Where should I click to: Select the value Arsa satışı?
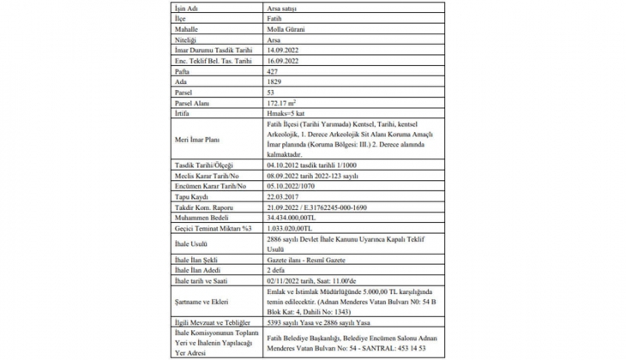coord(284,6)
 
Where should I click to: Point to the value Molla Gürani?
coord(287,28)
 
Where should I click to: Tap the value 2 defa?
coord(278,268)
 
